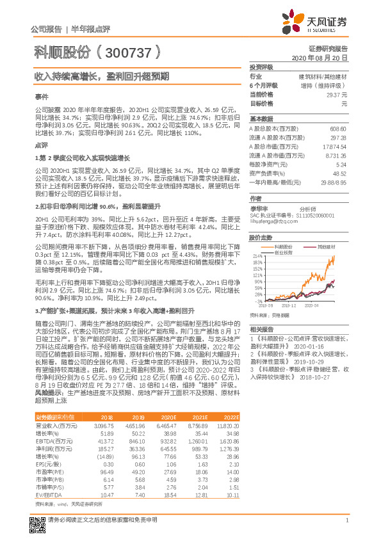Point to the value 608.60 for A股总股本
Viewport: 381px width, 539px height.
[339, 128]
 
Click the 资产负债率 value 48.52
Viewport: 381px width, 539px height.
[341, 173]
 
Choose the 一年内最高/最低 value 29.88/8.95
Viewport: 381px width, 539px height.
[335, 182]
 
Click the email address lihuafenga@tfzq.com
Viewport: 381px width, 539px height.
[272, 221]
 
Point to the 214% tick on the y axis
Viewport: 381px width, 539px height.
[258, 255]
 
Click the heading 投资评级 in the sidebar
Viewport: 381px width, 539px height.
[261, 67]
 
